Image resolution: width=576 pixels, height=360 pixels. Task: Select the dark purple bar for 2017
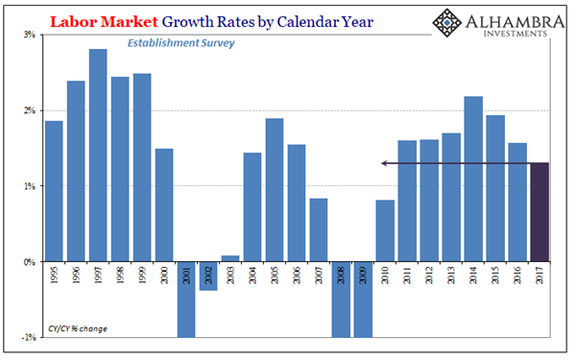[540, 212]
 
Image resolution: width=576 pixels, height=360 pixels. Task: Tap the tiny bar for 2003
[229, 258]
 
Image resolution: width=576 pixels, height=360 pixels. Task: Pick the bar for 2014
[473, 179]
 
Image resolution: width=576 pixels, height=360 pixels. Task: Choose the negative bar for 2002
[207, 276]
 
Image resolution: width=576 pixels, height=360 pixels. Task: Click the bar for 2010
[385, 230]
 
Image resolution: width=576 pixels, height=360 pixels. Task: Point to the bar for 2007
[318, 229]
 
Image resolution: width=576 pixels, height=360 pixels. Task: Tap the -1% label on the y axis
[29, 336]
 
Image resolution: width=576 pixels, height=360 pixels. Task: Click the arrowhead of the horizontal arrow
[384, 163]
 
